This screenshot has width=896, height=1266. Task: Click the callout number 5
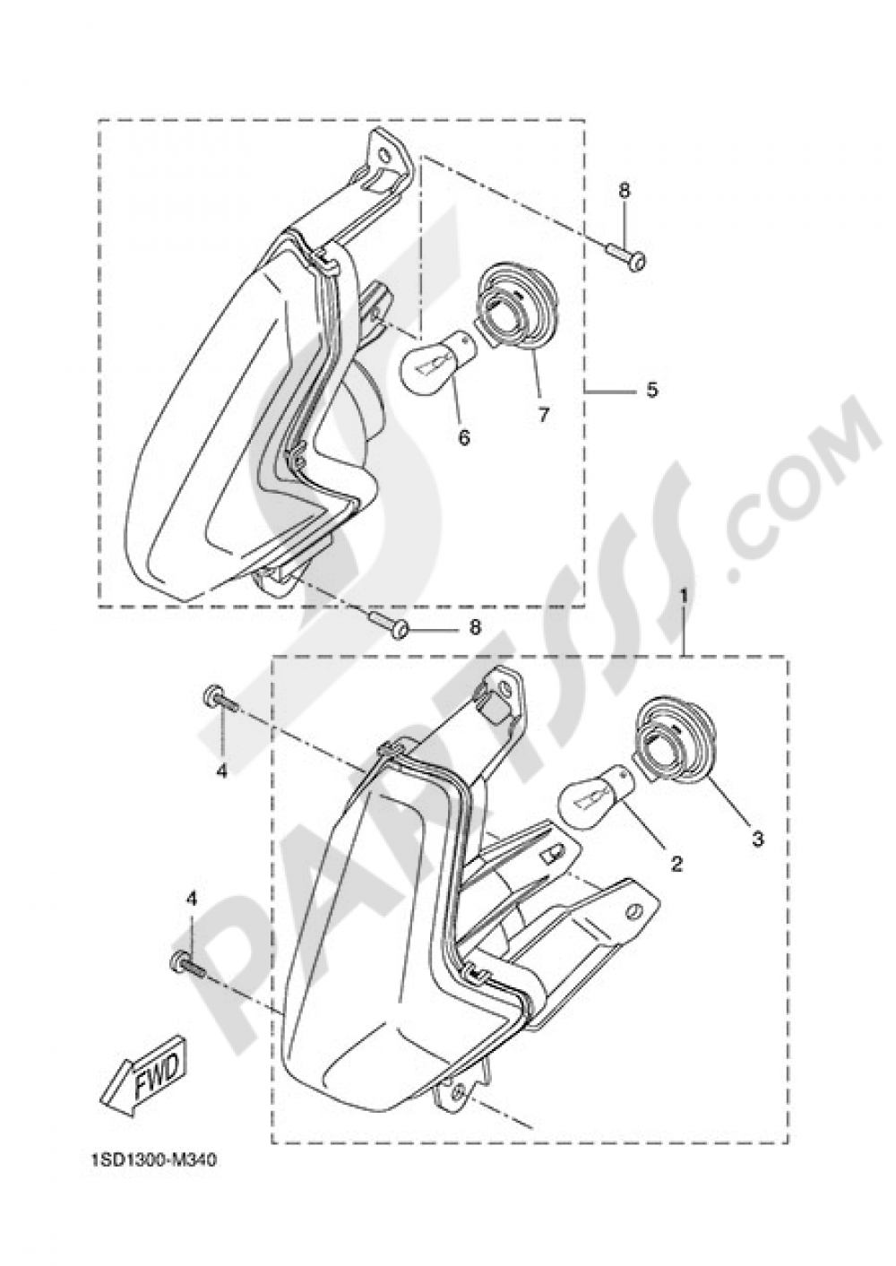[651, 390]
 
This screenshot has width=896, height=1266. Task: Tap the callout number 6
[463, 438]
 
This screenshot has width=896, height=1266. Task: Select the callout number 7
[543, 416]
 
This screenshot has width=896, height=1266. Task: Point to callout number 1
[684, 596]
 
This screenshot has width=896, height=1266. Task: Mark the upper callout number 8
[624, 191]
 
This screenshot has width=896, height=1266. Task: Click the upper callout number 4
[221, 754]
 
